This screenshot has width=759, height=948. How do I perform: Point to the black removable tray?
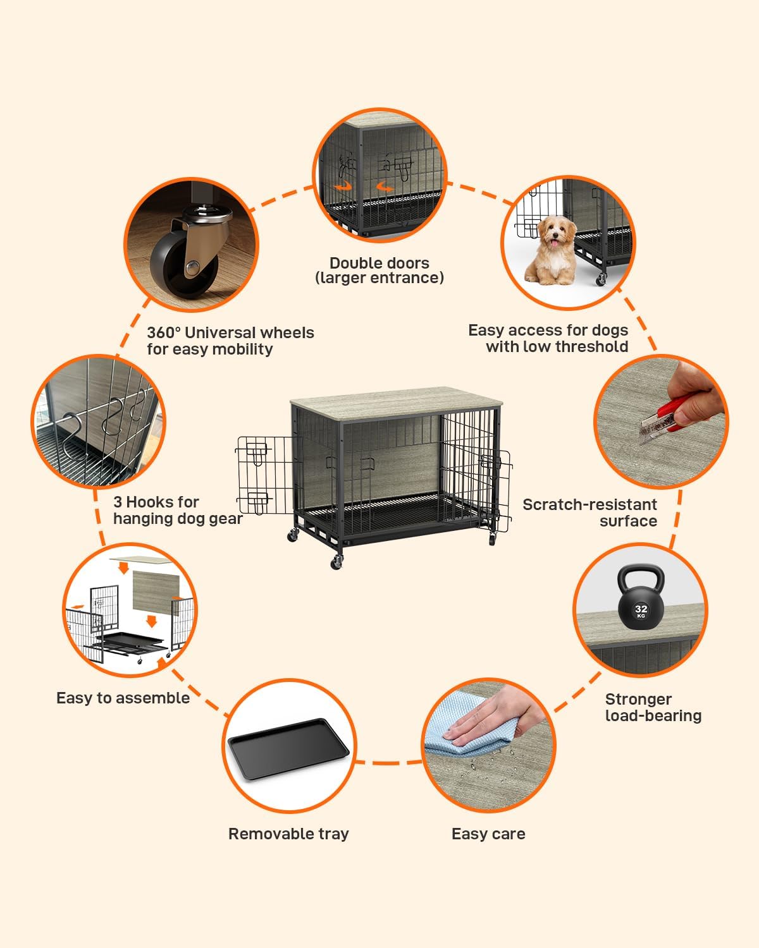(x=288, y=749)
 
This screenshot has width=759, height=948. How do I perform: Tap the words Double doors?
(x=379, y=263)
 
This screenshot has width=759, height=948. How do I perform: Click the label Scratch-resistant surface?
(x=590, y=513)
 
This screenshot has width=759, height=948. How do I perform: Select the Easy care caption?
(x=488, y=834)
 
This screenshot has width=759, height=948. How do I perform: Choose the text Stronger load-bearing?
(x=653, y=707)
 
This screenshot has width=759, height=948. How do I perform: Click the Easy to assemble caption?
(x=123, y=698)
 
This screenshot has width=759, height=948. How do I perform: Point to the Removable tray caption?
(x=288, y=834)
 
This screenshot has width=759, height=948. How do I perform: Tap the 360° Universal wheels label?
(x=230, y=341)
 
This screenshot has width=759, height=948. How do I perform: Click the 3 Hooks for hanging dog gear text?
(x=178, y=510)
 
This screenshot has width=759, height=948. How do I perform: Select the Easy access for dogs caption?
(x=548, y=338)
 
